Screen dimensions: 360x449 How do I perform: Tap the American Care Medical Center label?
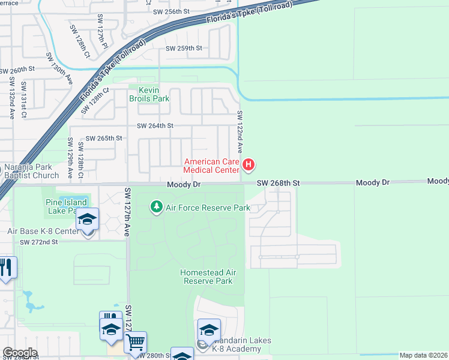[211, 166]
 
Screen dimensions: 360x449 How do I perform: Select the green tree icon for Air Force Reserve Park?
[156, 207]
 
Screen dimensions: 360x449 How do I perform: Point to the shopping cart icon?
[135, 343]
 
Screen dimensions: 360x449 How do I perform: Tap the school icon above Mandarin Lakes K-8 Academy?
[209, 329]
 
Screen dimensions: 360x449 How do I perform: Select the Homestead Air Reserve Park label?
[208, 277]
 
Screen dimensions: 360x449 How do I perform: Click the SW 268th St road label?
[278, 182]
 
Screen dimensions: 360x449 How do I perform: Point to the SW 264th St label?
[155, 126]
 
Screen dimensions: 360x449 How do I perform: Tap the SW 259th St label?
[184, 48]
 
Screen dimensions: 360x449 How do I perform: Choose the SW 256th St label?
[171, 11]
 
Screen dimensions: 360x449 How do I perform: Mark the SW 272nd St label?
[39, 242]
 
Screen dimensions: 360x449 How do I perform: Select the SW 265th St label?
[104, 138]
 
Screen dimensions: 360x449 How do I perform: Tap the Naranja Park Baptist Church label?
[32, 171]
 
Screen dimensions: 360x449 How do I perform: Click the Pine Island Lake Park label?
[66, 207]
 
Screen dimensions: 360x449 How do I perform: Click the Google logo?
[20, 352]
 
